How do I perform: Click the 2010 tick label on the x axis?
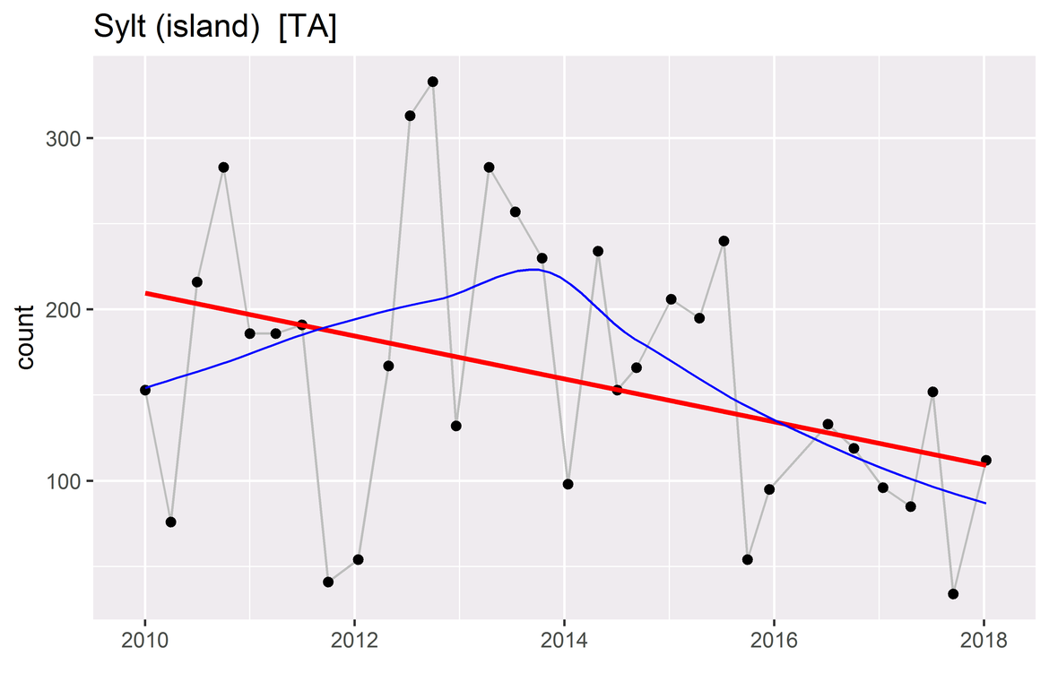point(145,642)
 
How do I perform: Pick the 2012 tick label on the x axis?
point(355,642)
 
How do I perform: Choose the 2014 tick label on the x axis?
point(565,642)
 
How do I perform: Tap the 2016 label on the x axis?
point(775,642)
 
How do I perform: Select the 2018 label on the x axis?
point(984,642)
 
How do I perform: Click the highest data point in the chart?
point(433,82)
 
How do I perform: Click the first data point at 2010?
point(145,390)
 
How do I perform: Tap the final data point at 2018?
point(986,460)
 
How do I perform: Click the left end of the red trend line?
point(146,293)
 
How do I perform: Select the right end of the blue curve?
point(985,503)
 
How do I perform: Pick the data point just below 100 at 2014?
point(568,484)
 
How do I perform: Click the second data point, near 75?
point(171,522)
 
